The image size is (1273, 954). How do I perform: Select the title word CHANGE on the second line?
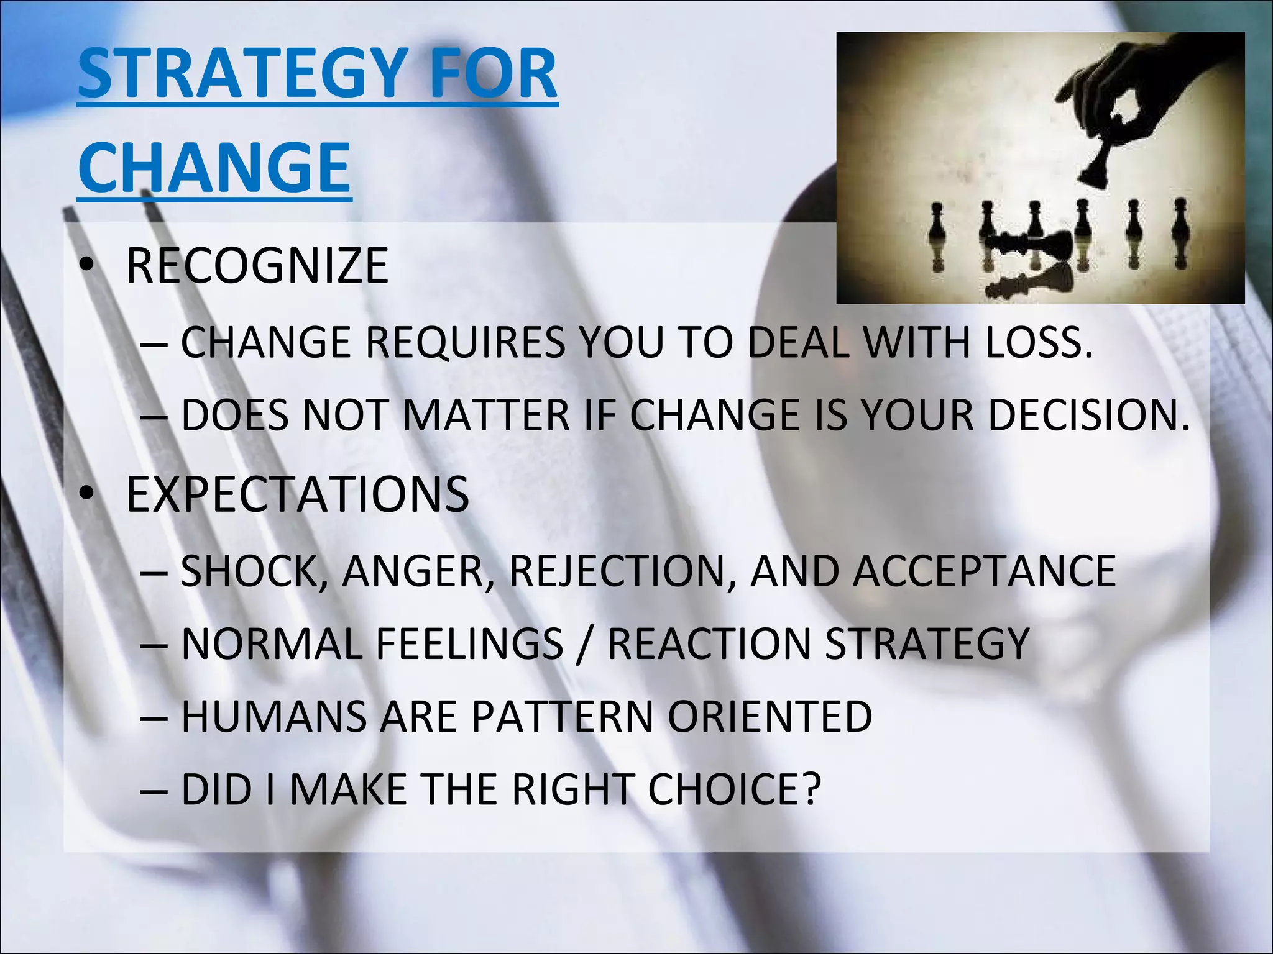click(214, 166)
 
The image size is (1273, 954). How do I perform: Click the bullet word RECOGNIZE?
click(257, 266)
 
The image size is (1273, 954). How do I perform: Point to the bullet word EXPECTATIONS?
click(297, 494)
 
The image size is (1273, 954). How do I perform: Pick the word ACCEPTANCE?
click(984, 571)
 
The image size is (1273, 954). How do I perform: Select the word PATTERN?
click(563, 716)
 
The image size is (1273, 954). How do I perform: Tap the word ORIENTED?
click(770, 716)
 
